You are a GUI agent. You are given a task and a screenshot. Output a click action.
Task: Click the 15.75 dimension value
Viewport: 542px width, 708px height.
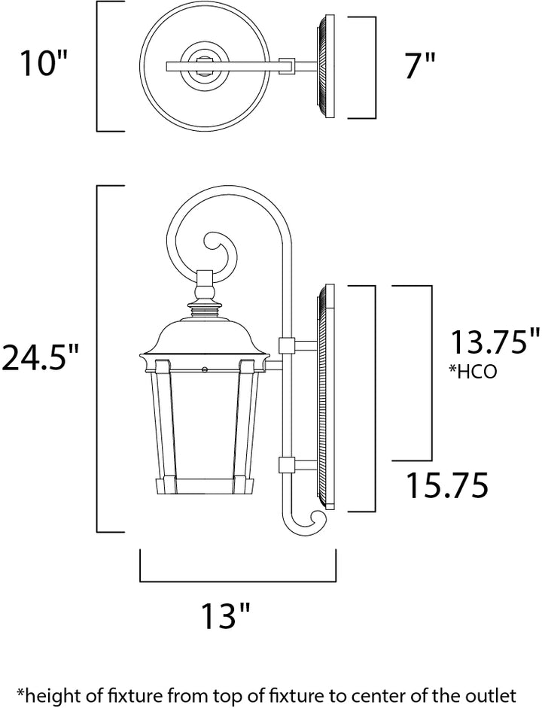point(448,485)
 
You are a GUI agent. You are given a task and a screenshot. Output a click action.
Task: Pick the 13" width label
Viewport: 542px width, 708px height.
point(225,615)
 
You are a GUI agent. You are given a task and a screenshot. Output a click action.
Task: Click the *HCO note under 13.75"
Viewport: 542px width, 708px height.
point(473,372)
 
